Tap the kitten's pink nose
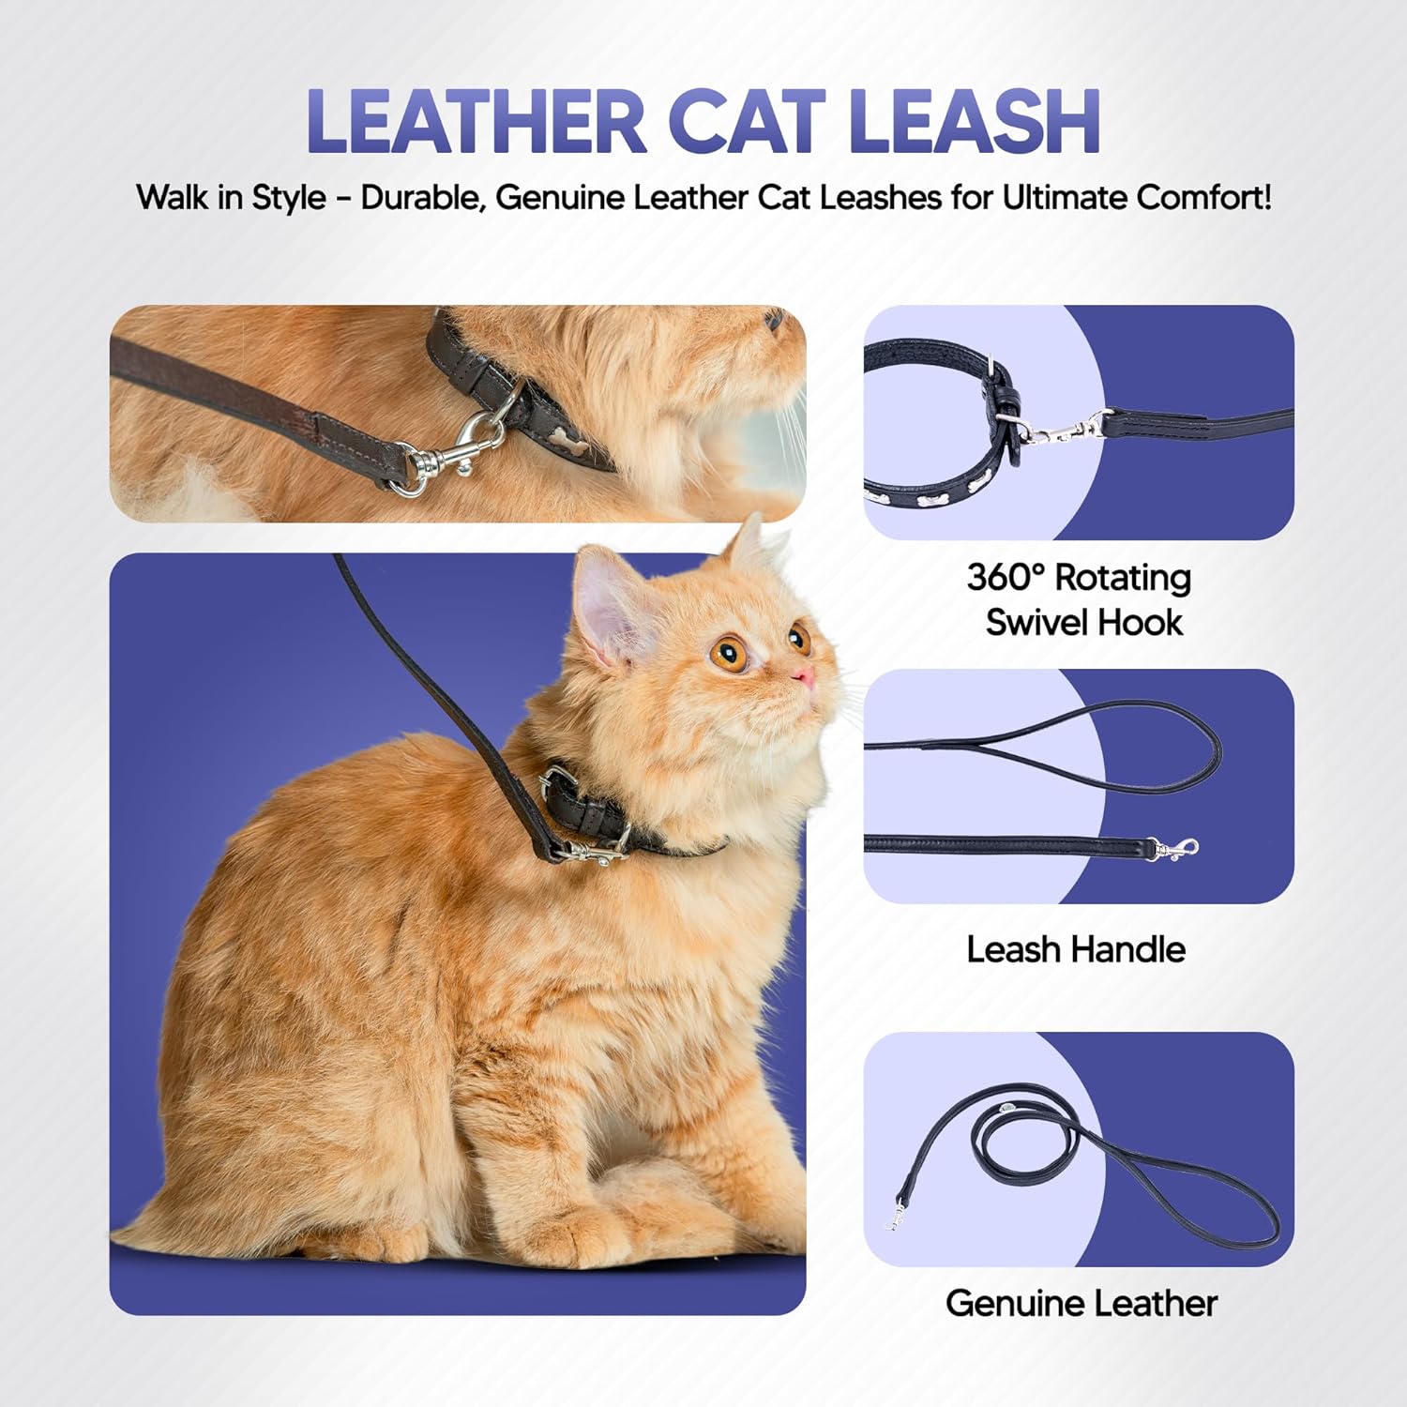[803, 676]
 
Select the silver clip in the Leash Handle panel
[1176, 849]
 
